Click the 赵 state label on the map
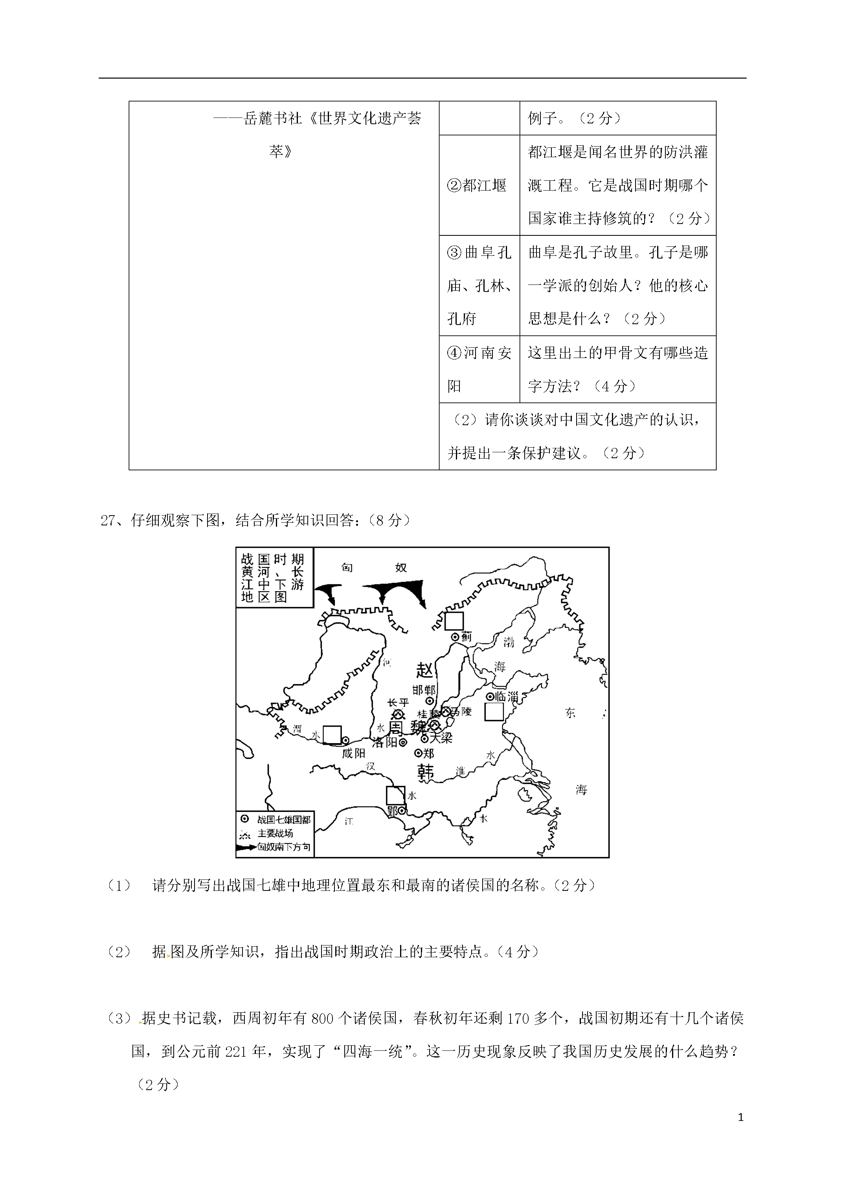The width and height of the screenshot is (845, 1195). click(425, 670)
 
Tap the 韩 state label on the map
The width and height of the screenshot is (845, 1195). click(425, 771)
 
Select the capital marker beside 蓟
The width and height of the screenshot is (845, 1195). click(454, 636)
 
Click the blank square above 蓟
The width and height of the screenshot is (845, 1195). click(454, 621)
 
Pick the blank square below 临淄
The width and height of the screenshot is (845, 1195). click(494, 712)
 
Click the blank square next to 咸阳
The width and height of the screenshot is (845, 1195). click(332, 735)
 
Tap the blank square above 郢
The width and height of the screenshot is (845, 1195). click(395, 795)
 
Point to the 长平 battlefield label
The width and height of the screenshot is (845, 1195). click(398, 703)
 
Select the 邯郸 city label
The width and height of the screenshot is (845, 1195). click(424, 690)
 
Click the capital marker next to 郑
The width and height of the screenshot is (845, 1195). click(417, 752)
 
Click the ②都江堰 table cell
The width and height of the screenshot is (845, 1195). click(478, 185)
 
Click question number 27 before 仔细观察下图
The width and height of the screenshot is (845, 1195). click(110, 520)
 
